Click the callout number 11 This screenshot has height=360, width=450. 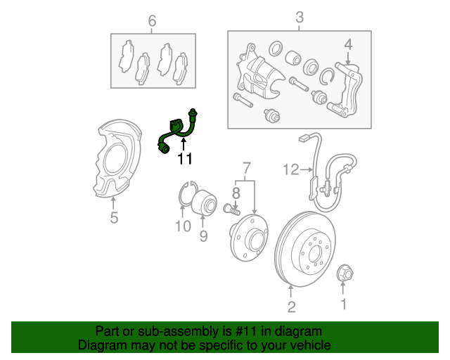[x=184, y=160]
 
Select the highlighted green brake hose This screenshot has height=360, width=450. [x=177, y=130]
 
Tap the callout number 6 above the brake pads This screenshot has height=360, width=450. [x=152, y=20]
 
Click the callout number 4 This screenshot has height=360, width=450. [x=347, y=46]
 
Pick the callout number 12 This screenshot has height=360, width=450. [x=291, y=169]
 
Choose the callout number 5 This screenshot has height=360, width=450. [x=114, y=219]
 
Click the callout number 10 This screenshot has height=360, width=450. [x=183, y=226]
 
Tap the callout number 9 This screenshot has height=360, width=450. [x=203, y=236]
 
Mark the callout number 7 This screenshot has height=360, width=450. [x=246, y=168]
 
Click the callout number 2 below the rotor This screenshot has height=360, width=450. [x=291, y=306]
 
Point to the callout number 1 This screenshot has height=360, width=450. [x=344, y=304]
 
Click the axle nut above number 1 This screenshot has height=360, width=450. [x=345, y=272]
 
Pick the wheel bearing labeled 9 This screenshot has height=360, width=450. [x=203, y=203]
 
